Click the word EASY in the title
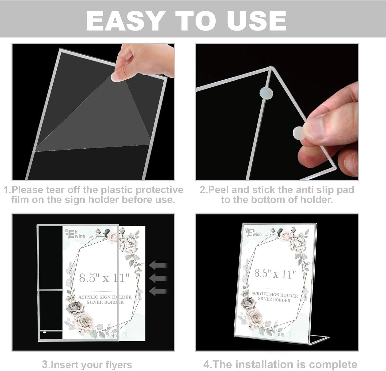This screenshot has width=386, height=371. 125,21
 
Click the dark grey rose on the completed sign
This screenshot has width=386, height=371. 249,303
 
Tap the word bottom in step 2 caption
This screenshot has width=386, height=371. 268,200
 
